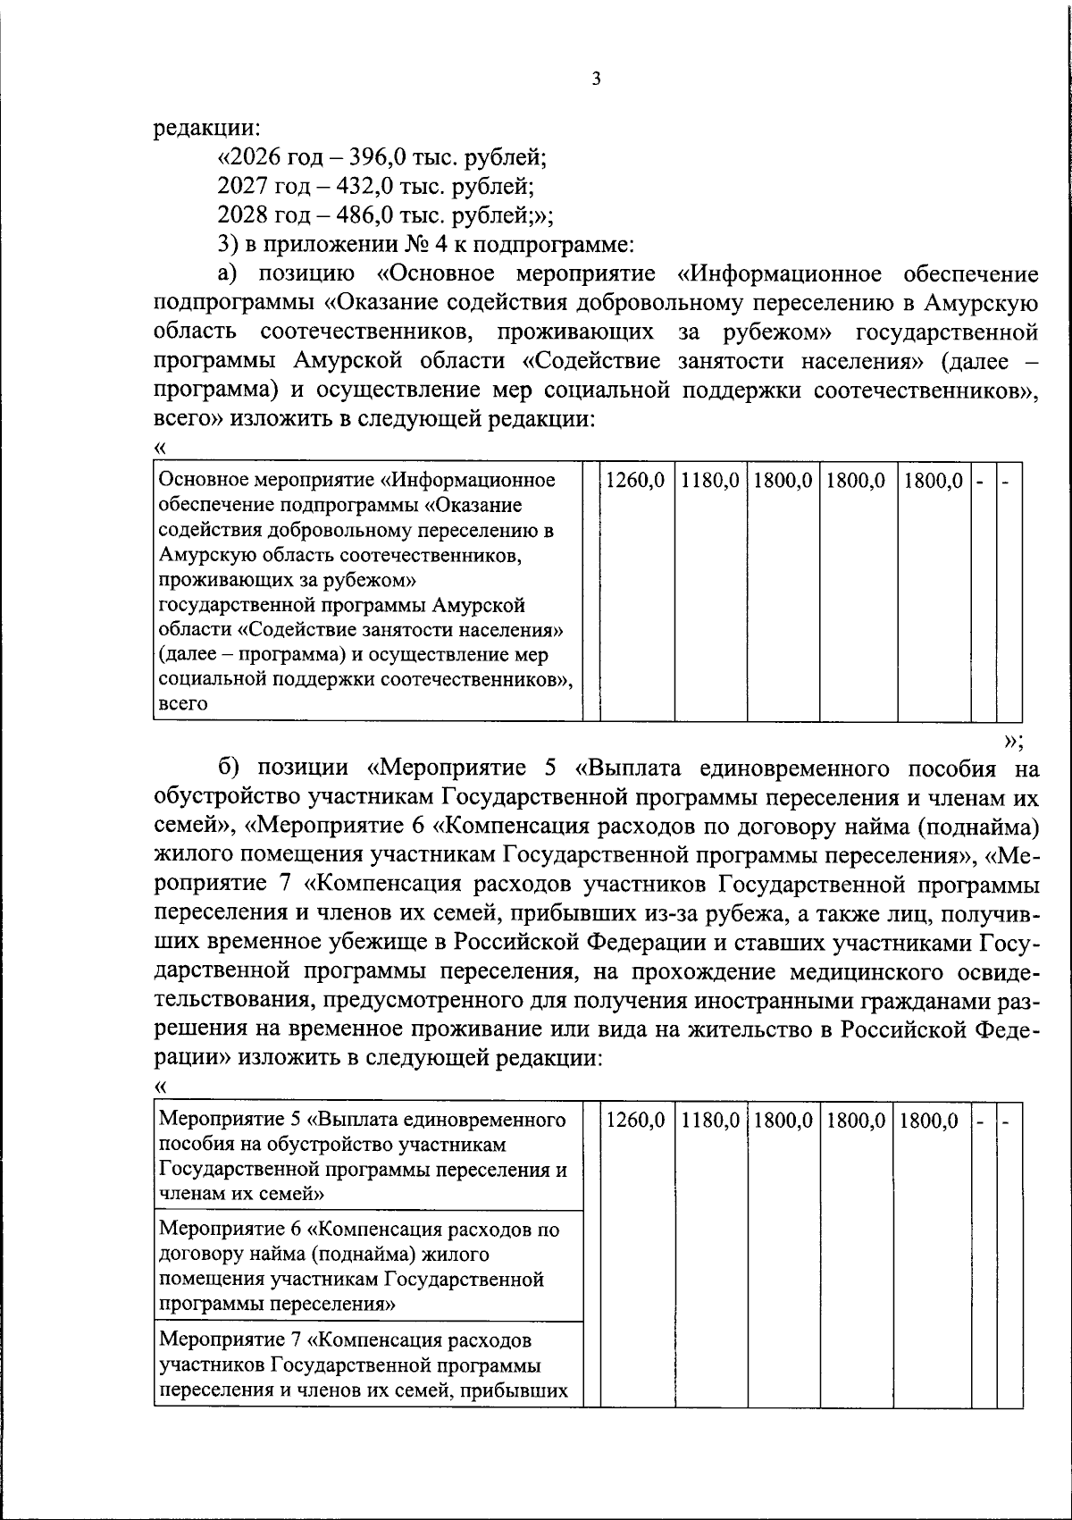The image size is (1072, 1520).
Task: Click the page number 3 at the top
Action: (596, 80)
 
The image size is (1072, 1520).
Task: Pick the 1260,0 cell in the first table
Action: (635, 481)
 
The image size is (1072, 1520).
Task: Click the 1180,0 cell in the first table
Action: (710, 481)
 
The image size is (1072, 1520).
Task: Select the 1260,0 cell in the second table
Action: (635, 1121)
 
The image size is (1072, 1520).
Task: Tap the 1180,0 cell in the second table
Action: (710, 1121)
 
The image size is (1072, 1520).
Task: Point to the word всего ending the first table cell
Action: (183, 703)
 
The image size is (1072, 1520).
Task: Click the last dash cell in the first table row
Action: (1007, 481)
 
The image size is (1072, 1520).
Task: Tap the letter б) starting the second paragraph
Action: (230, 768)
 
